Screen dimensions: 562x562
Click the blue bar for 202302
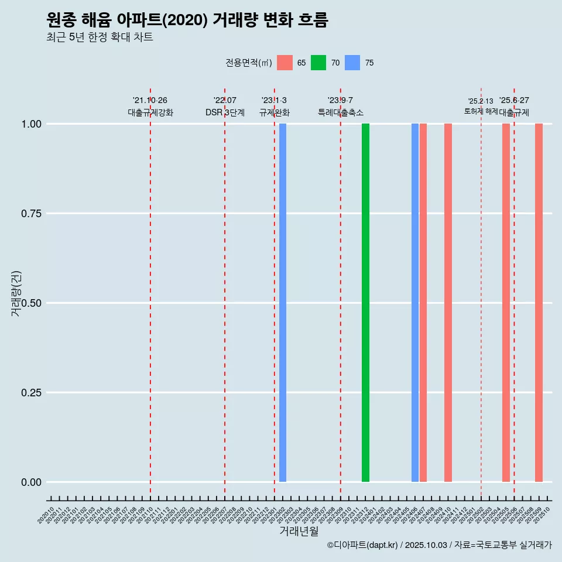click(283, 303)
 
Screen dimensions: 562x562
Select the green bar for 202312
click(365, 303)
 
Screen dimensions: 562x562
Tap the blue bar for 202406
click(415, 303)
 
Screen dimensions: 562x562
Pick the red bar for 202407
click(423, 303)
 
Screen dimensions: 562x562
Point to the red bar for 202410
click(448, 303)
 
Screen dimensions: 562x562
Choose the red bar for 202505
click(506, 303)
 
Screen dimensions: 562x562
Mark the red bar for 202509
click(539, 303)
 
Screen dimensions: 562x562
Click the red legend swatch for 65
click(285, 63)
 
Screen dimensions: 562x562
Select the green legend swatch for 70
click(318, 63)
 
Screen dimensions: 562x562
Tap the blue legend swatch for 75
click(352, 63)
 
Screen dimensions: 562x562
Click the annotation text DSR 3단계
click(225, 112)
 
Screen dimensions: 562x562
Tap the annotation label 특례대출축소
click(341, 112)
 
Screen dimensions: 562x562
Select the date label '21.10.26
click(150, 101)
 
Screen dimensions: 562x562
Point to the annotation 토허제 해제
click(481, 111)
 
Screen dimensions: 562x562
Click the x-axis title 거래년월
click(299, 532)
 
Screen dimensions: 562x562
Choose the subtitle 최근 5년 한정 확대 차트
click(100, 37)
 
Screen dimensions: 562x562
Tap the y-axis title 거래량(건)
click(16, 293)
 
